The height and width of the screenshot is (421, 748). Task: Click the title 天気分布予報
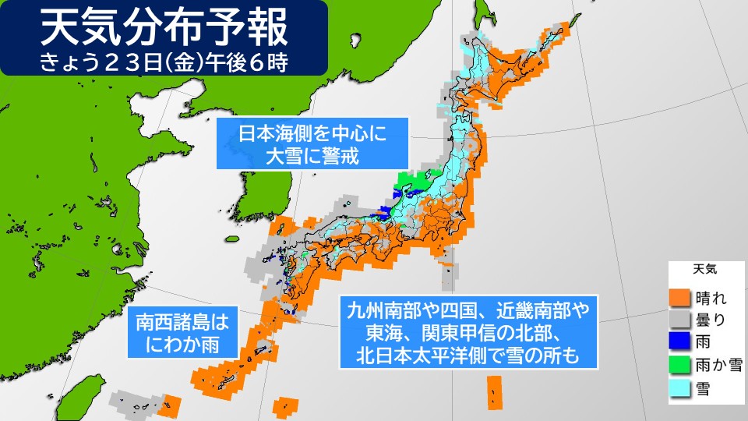(164, 29)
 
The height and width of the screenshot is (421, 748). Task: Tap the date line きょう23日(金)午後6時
(164, 62)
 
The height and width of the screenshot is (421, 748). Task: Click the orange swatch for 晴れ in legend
(680, 297)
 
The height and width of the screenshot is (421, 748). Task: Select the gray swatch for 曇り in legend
(680, 319)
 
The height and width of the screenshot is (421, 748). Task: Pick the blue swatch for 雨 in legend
(680, 341)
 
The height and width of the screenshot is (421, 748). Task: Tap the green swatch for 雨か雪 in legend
(680, 363)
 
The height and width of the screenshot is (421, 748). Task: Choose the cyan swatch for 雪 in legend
(680, 386)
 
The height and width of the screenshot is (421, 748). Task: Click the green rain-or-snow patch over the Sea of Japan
(413, 182)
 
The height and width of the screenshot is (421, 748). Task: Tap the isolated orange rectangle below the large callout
(493, 391)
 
